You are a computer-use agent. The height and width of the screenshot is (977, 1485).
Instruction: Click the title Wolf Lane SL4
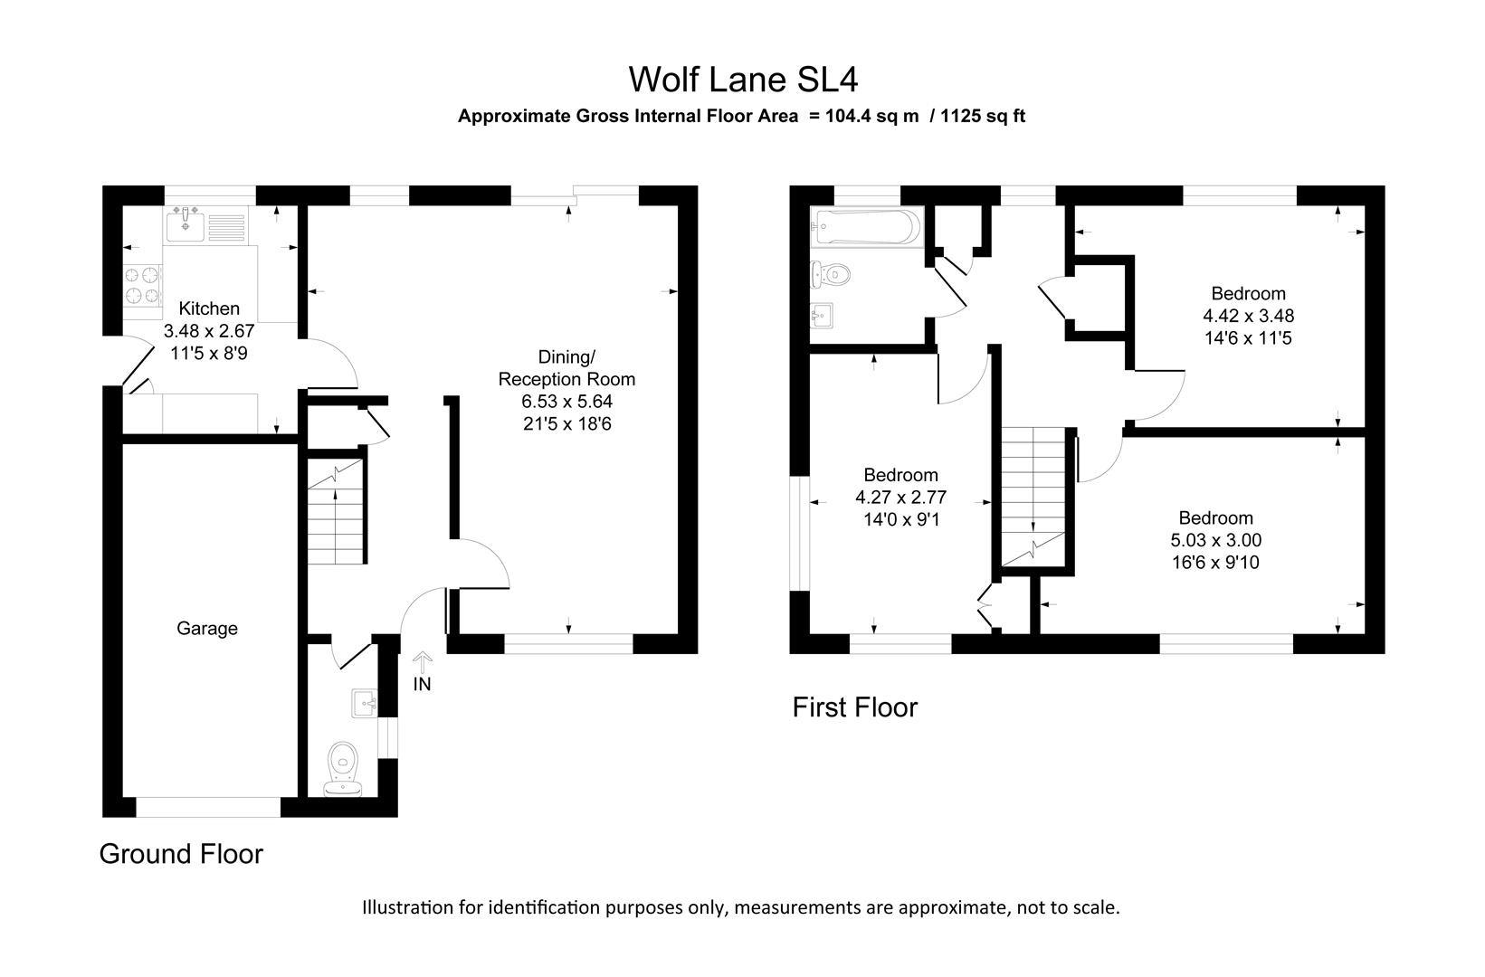742,80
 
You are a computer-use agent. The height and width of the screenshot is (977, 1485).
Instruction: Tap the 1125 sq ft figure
983,116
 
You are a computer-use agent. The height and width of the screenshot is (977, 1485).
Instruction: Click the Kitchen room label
209,308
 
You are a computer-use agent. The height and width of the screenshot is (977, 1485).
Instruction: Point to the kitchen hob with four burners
142,283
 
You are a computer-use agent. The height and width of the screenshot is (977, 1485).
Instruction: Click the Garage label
207,628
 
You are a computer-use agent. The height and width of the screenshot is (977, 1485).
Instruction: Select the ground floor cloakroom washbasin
364,702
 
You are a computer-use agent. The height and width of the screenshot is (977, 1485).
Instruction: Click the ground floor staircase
336,511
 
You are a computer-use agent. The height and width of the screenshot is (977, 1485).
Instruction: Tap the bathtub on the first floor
866,227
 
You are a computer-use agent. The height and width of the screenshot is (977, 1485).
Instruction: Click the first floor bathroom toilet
829,271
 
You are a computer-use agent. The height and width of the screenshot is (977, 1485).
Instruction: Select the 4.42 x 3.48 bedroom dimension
1248,316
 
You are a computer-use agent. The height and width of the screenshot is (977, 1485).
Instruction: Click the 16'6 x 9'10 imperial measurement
1215,563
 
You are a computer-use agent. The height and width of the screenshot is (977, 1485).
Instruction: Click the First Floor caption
854,707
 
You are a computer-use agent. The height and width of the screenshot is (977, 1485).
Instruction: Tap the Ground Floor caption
181,853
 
